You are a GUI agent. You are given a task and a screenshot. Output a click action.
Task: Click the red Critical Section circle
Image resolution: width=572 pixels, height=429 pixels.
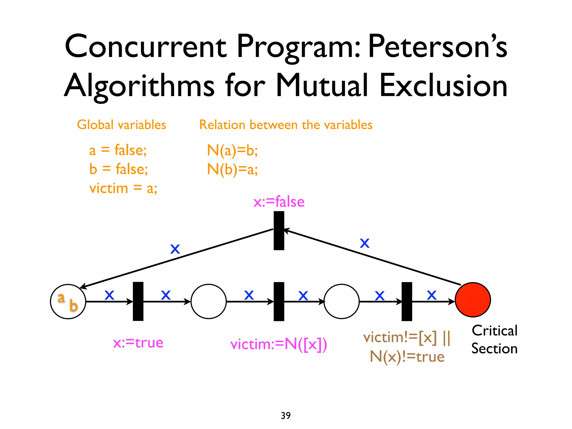[473, 300]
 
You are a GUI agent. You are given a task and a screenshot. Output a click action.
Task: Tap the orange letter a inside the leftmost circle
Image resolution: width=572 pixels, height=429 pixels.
[61, 298]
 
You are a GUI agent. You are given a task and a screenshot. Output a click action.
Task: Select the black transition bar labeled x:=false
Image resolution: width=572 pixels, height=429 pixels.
[279, 230]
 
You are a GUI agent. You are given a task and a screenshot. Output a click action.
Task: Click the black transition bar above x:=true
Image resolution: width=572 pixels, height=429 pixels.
[138, 301]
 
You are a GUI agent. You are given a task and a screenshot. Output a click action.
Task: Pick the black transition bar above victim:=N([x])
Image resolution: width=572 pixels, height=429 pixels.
[279, 301]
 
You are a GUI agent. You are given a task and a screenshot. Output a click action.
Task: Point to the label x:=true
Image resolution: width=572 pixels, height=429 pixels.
[138, 343]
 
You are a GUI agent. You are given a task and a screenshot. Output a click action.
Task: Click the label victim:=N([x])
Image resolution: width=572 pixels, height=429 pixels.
[279, 344]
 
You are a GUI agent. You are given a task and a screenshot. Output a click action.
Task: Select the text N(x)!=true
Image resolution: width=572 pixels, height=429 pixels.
[407, 357]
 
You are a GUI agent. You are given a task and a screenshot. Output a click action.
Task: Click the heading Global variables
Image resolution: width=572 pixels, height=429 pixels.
[121, 125]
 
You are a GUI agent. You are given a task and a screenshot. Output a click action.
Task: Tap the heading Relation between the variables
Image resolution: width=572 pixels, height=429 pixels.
[286, 125]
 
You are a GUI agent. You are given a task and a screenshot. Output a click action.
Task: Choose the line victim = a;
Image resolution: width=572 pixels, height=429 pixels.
[123, 188]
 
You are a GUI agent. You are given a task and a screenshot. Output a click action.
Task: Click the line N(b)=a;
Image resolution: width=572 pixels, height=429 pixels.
[232, 169]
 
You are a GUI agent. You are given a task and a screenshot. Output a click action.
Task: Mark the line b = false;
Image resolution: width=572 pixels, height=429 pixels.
[118, 169]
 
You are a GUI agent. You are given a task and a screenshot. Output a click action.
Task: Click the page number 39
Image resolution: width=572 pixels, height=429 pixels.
[286, 415]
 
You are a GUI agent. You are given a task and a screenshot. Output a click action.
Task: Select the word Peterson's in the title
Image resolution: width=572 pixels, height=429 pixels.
[437, 46]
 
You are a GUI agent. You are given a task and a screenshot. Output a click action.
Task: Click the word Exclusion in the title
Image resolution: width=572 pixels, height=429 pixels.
[443, 85]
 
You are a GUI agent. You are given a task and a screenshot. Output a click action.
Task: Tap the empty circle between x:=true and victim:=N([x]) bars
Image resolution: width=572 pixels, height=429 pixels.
[208, 301]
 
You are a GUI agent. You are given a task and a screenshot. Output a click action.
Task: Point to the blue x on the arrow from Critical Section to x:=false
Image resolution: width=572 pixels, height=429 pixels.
[364, 243]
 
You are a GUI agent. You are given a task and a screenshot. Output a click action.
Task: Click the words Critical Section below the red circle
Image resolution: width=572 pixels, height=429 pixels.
[494, 340]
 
